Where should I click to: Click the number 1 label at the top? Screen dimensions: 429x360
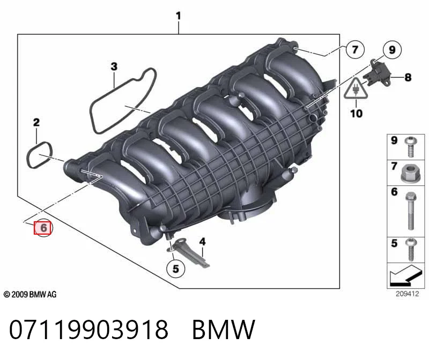(x=179, y=16)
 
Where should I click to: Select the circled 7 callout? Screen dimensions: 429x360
(x=355, y=49)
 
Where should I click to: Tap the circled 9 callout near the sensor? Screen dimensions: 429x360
(x=392, y=50)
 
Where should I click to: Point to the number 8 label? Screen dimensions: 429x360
(x=408, y=77)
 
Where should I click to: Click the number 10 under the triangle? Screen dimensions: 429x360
(x=356, y=113)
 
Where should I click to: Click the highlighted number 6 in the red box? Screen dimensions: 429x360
(x=43, y=228)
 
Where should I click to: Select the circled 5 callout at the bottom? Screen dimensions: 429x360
(x=176, y=269)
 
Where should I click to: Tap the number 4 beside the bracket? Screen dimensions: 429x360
(x=202, y=242)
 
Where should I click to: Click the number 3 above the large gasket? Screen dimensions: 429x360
(x=114, y=66)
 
